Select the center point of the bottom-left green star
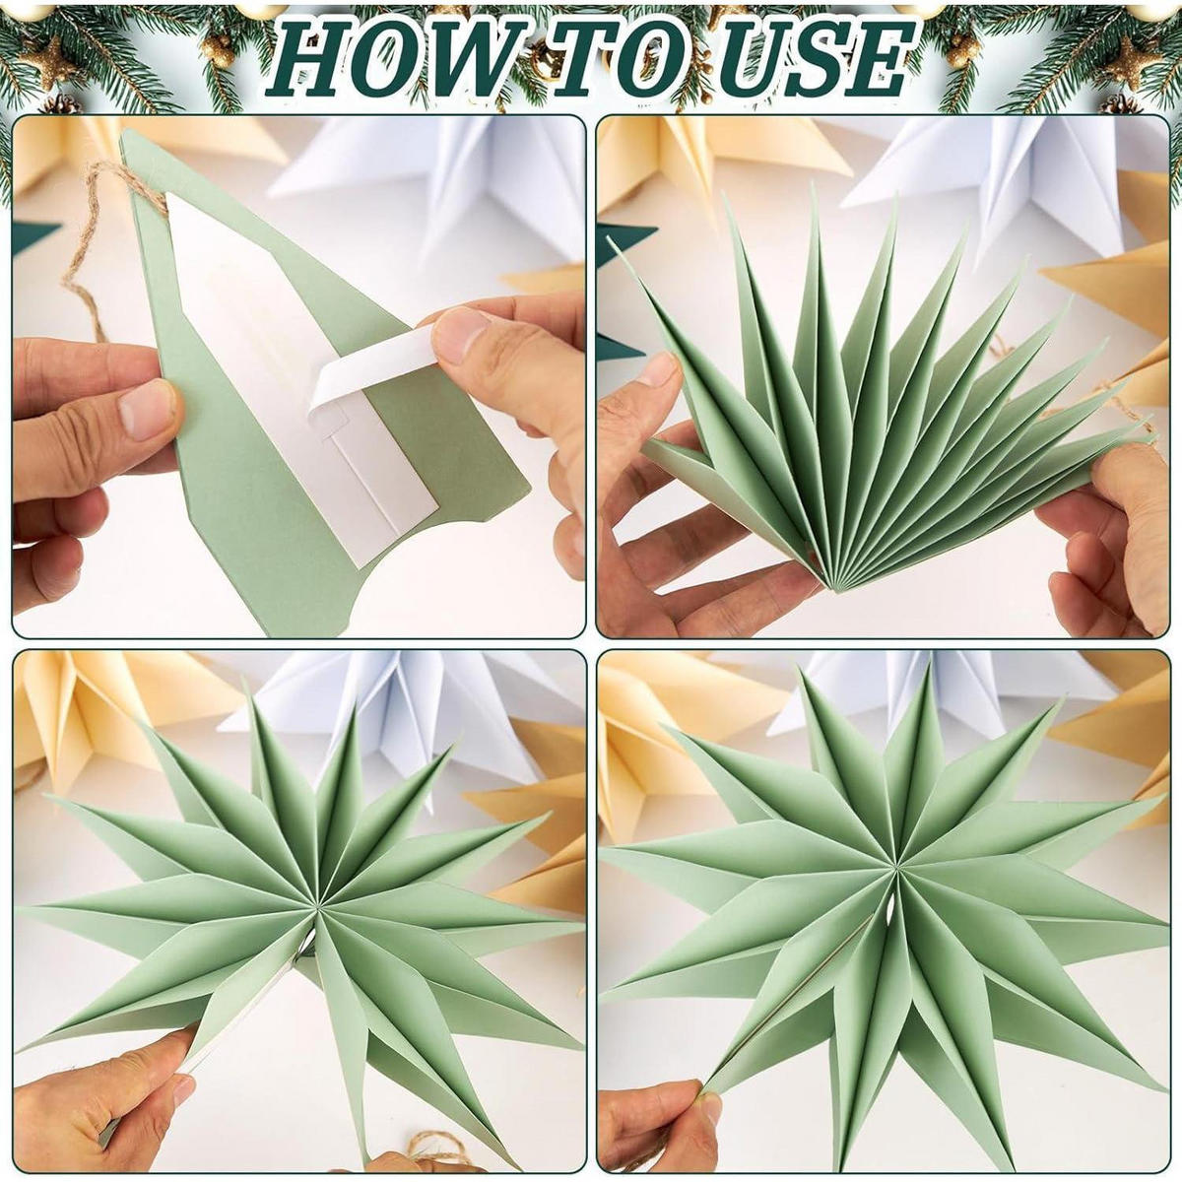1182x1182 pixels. coord(316,920)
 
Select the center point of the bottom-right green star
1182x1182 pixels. coord(896,870)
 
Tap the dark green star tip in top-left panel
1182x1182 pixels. coord(36,237)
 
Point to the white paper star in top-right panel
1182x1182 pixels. coord(1006,184)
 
